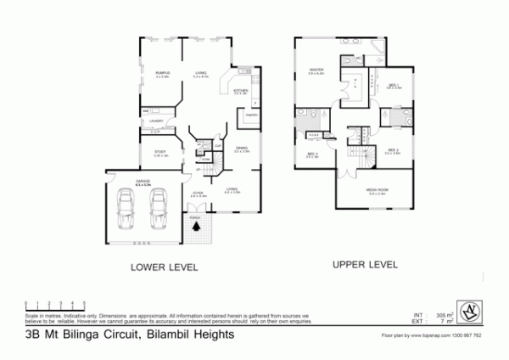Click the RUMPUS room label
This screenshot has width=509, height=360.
point(163,73)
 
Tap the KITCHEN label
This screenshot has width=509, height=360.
point(240,89)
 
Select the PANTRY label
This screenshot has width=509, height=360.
point(252,115)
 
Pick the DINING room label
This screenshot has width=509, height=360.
point(242,148)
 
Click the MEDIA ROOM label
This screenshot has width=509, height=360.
point(377,190)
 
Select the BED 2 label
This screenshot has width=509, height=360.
point(391,150)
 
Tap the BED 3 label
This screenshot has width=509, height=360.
point(312,154)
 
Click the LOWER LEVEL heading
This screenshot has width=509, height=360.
point(164,267)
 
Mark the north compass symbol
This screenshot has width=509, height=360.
point(467,310)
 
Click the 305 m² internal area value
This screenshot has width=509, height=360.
point(445,312)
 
